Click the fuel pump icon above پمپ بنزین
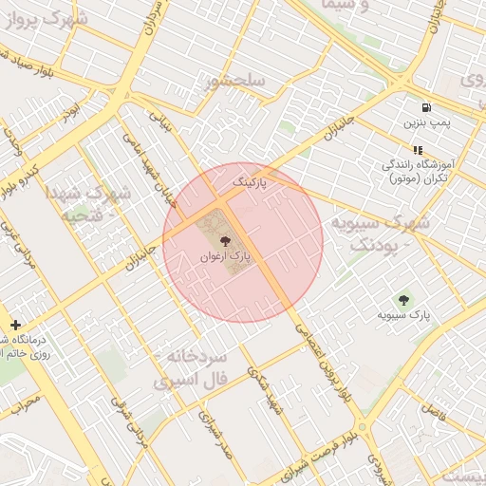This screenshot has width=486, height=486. coord(424,107)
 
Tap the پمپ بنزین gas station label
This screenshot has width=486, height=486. coord(424,122)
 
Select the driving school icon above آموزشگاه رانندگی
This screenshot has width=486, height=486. coord(418,150)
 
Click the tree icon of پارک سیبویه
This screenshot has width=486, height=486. coord(404,300)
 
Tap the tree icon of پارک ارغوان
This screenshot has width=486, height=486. coord(225,241)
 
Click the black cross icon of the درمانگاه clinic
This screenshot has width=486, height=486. coord(15,325)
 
